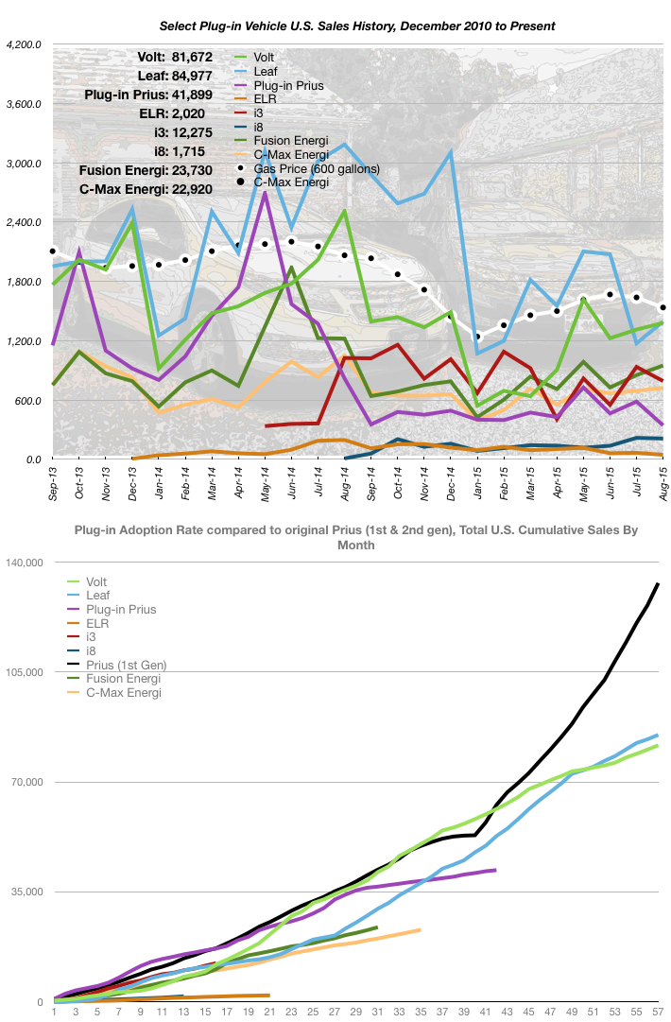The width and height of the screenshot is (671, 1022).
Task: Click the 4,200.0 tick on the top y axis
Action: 24,44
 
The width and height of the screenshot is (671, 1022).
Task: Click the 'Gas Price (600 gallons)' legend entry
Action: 309,168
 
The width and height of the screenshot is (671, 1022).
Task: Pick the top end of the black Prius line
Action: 658,584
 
